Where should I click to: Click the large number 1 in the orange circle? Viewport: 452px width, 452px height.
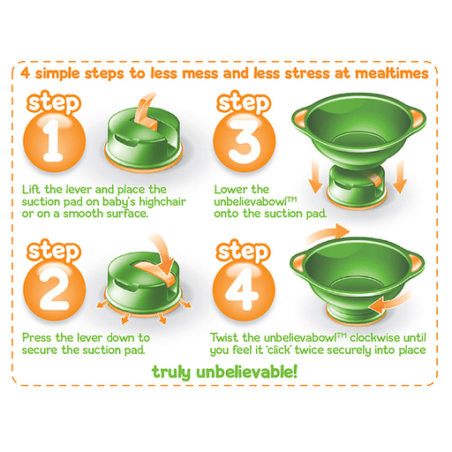(53, 140)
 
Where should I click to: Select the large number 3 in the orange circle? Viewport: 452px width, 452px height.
(245, 141)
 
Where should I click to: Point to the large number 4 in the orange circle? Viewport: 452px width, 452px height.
(243, 289)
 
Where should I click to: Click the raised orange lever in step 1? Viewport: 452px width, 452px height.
(146, 112)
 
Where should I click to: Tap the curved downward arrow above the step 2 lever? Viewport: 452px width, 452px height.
(163, 255)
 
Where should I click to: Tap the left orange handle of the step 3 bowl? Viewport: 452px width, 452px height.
(301, 117)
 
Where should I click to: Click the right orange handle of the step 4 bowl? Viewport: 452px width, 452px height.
(416, 264)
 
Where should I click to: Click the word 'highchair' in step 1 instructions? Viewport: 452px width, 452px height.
(162, 202)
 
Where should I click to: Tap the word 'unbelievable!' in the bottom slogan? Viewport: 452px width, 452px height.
(246, 372)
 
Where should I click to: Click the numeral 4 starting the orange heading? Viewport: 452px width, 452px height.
(26, 73)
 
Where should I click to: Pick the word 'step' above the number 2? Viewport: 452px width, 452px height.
(54, 252)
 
